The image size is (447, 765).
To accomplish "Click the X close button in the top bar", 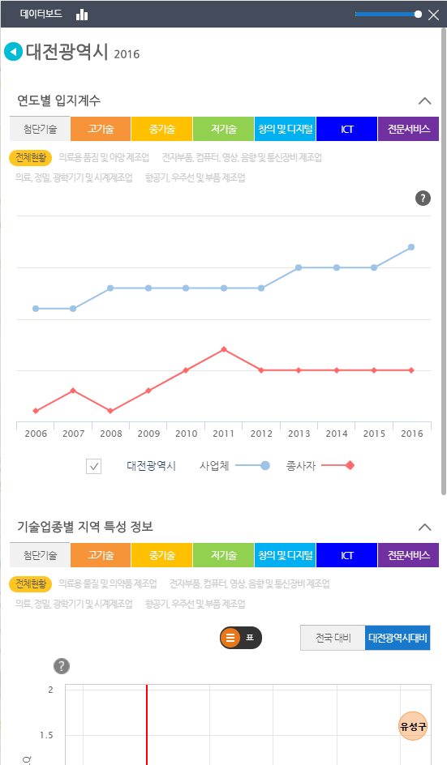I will [x=432, y=15].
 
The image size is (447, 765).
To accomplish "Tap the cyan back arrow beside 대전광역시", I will [x=13, y=52].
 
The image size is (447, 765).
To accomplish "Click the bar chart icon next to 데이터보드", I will [x=82, y=15].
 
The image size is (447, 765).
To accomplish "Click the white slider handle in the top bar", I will [x=418, y=14].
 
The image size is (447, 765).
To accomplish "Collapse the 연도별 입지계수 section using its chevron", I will [x=424, y=101].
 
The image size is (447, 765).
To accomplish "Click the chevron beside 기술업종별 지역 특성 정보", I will [x=424, y=528].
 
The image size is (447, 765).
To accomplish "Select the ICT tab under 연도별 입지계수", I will [x=346, y=129].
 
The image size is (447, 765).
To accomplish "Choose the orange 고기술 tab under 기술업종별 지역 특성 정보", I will [x=101, y=555].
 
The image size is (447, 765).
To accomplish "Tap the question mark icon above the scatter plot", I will [x=61, y=666].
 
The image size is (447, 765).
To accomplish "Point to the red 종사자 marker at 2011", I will [x=224, y=349].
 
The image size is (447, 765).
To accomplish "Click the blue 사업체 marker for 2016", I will [x=411, y=247].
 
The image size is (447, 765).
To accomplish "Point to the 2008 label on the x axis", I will [x=111, y=434].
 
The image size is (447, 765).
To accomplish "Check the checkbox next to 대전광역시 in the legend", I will [x=94, y=466].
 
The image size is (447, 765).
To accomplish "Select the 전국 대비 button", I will [x=332, y=638].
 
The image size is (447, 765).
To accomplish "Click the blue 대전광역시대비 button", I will [x=398, y=638].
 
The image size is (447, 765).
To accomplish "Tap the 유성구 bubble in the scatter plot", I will [x=413, y=725].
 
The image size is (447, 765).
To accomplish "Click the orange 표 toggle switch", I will [x=240, y=638].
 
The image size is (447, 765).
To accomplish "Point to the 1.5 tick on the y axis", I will [x=47, y=736].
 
